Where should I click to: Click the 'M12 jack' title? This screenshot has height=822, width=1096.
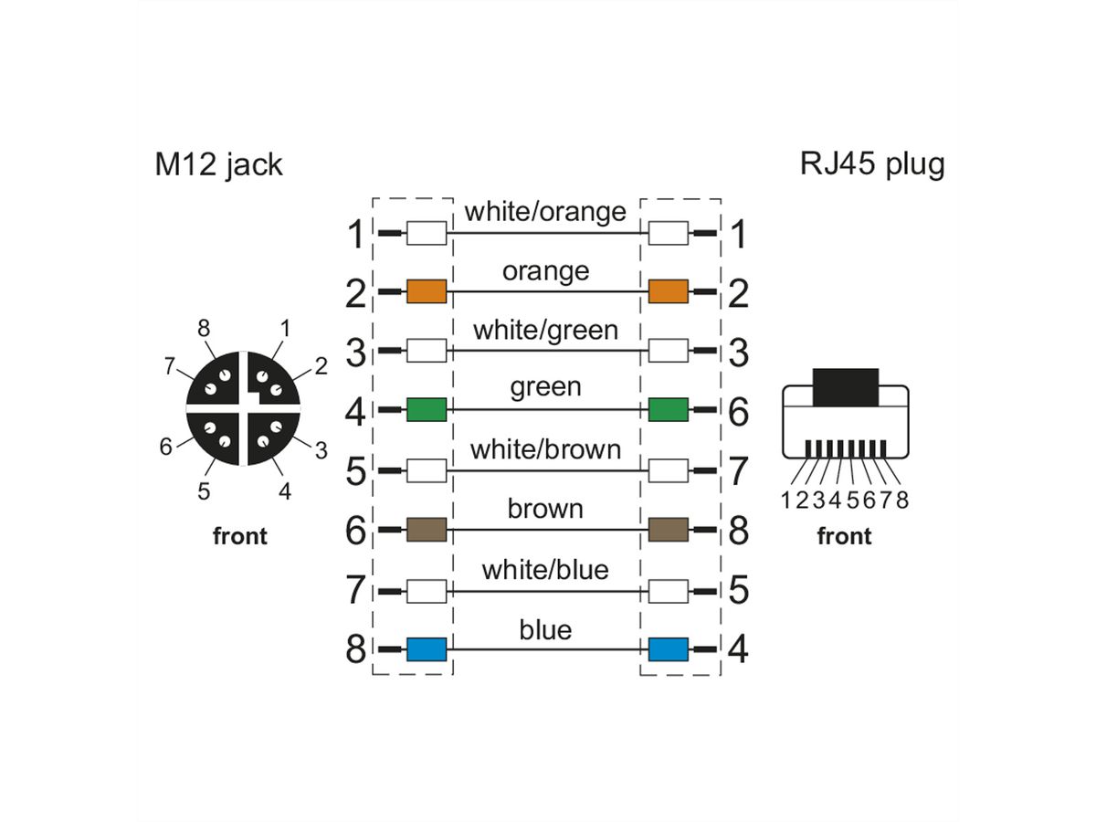click(217, 164)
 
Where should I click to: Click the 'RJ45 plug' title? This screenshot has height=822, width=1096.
click(872, 164)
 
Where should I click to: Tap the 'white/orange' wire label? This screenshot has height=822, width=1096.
click(545, 212)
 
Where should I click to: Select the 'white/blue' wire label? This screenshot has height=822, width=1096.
click(545, 570)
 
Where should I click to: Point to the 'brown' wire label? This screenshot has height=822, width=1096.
click(545, 509)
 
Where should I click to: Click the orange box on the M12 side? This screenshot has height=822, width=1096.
click(426, 292)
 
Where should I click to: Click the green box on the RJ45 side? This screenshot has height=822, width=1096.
click(668, 411)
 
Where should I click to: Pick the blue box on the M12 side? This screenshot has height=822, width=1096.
click(426, 649)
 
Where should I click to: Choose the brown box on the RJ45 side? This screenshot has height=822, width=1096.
click(668, 530)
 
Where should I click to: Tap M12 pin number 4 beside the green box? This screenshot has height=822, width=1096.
click(356, 412)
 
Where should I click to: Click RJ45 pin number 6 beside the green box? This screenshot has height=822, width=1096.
click(738, 412)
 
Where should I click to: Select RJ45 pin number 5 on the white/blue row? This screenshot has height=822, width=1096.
click(738, 591)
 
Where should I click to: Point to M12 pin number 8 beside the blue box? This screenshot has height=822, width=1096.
click(356, 650)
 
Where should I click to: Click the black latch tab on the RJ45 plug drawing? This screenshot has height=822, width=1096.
click(845, 387)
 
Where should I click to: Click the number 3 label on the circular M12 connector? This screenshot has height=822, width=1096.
click(322, 449)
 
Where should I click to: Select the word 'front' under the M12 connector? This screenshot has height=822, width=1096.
click(240, 536)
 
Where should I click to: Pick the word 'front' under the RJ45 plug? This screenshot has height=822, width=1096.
click(844, 536)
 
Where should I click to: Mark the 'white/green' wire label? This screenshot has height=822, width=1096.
click(545, 330)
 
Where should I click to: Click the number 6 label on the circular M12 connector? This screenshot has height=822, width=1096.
click(165, 448)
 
